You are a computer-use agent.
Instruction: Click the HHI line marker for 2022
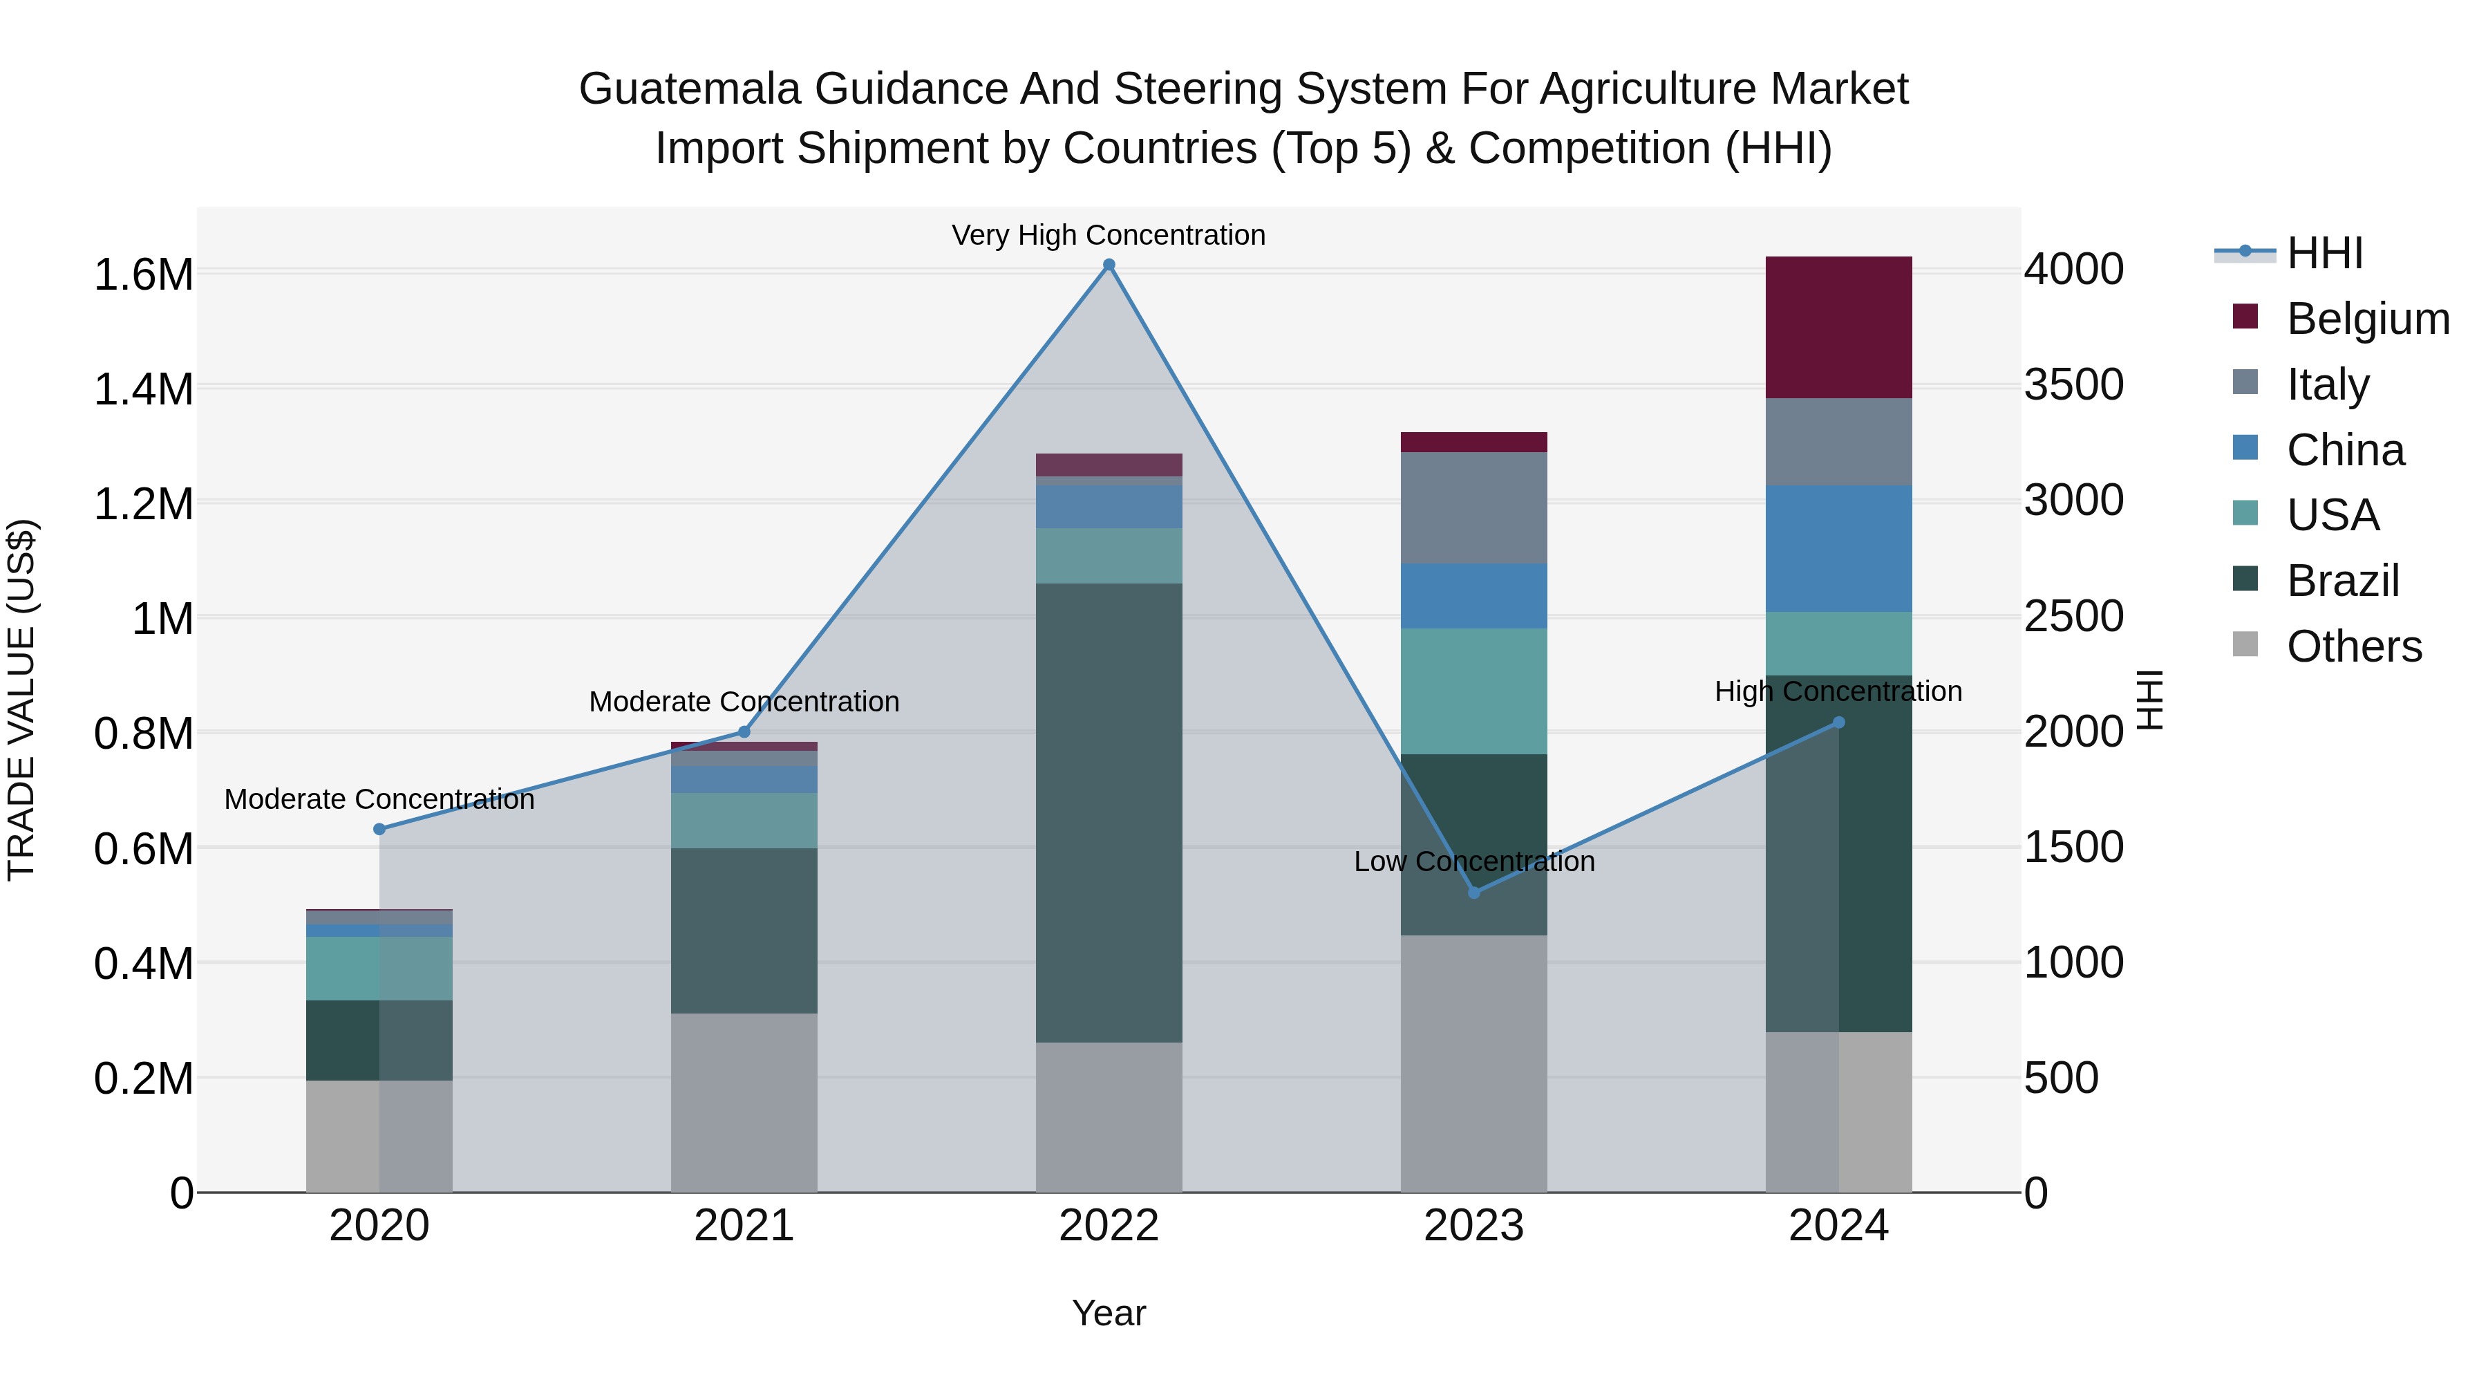pyautogui.click(x=1109, y=265)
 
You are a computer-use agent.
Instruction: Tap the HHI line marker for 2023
pyautogui.click(x=1474, y=892)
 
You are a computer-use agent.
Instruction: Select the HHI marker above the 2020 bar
pyautogui.click(x=379, y=829)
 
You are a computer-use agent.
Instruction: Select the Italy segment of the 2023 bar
pyautogui.click(x=1474, y=507)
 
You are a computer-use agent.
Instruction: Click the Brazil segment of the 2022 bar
pyautogui.click(x=1109, y=812)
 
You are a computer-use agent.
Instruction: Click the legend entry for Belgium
pyautogui.click(x=2366, y=319)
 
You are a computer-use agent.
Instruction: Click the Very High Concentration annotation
pyautogui.click(x=1108, y=235)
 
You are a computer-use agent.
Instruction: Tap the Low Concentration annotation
pyautogui.click(x=1474, y=861)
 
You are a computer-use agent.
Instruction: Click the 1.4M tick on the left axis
pyautogui.click(x=143, y=389)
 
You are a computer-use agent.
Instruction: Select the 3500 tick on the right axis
pyautogui.click(x=2073, y=384)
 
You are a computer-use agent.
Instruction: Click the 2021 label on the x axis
pyautogui.click(x=744, y=1226)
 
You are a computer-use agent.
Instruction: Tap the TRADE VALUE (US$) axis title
pyautogui.click(x=21, y=700)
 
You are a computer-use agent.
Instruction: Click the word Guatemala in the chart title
pyautogui.click(x=690, y=89)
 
